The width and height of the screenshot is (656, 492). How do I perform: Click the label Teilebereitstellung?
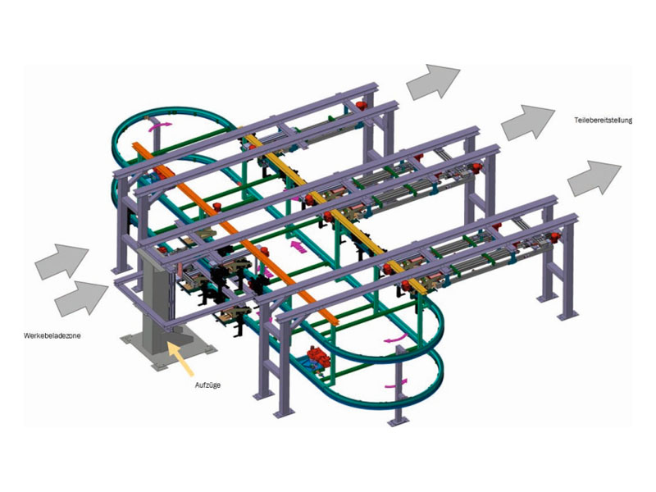pos(603,121)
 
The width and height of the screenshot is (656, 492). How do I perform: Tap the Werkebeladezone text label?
pos(52,335)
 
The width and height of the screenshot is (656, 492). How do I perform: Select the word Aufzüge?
pos(207,385)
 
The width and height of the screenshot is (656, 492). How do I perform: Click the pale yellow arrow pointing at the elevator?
pos(180,358)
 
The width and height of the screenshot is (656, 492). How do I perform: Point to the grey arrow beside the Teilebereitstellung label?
pos(527,122)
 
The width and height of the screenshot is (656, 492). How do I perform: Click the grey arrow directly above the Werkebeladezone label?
pos(81,298)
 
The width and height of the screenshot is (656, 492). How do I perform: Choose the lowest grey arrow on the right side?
pos(594,178)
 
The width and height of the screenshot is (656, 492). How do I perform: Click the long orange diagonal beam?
pos(235,232)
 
